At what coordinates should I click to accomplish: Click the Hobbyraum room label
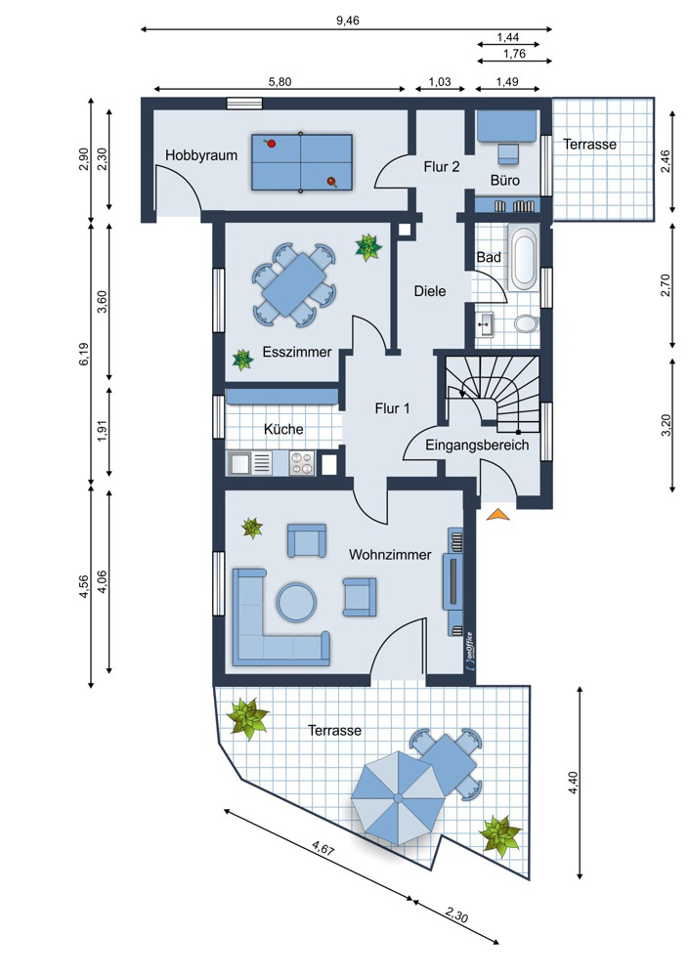click(200, 155)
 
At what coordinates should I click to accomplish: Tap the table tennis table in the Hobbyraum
click(302, 162)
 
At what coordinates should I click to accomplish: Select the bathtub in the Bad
click(523, 258)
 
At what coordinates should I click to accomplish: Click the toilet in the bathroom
click(527, 323)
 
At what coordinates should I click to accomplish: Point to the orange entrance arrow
click(497, 514)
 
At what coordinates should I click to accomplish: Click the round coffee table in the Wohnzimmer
click(297, 603)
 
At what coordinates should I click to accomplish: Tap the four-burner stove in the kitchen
click(302, 463)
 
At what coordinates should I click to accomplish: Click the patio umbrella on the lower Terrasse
click(398, 797)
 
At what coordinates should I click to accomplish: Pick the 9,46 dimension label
click(348, 21)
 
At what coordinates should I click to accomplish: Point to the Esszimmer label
click(297, 352)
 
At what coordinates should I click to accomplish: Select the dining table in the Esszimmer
click(293, 284)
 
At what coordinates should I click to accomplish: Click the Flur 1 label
click(392, 408)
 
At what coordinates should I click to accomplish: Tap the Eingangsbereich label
click(477, 445)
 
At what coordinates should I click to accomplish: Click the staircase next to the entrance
click(493, 393)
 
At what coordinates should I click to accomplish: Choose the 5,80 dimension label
click(280, 82)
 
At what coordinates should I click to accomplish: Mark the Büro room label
click(505, 181)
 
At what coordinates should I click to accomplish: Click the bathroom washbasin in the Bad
click(485, 322)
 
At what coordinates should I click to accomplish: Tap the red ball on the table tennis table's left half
click(271, 144)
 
